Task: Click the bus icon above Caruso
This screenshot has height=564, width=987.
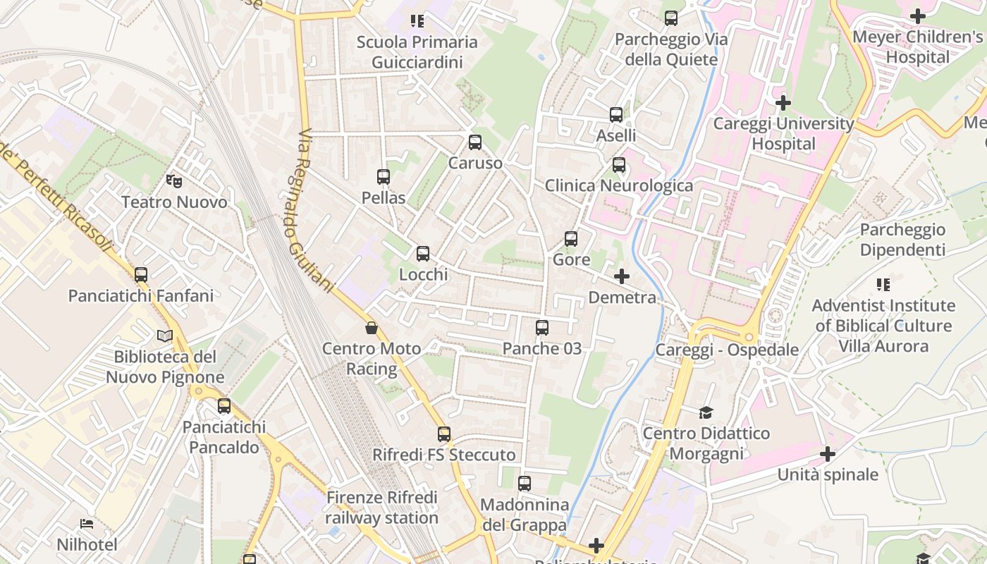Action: pos(475,142)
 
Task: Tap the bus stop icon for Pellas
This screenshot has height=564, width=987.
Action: pos(384,177)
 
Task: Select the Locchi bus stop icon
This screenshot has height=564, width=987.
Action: pos(423,254)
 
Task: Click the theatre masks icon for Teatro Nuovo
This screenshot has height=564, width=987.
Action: pos(174,181)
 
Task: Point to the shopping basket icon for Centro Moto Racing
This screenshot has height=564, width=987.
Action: pos(372,328)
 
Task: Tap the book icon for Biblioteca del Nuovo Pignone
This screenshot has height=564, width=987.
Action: pos(165,336)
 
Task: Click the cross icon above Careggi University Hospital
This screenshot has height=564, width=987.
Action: pos(783,103)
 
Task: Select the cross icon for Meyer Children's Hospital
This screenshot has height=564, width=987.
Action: pos(918,16)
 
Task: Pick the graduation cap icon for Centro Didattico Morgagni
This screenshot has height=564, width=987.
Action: pos(706,412)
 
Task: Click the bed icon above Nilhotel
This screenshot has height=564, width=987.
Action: pos(87,524)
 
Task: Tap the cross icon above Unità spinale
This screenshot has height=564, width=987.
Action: pos(828,454)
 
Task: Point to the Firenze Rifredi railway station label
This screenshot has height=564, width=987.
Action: pos(381,508)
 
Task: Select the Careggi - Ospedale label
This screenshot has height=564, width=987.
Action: pos(727,350)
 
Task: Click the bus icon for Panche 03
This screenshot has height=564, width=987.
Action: pos(542,328)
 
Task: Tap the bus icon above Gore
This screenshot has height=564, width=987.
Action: pos(571,239)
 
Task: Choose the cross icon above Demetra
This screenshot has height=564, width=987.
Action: pos(622,276)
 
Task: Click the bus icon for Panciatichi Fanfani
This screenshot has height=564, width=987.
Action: pos(141,275)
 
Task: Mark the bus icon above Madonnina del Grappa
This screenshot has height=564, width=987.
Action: pos(525,484)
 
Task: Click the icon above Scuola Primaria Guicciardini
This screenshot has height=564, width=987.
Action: pos(417,21)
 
